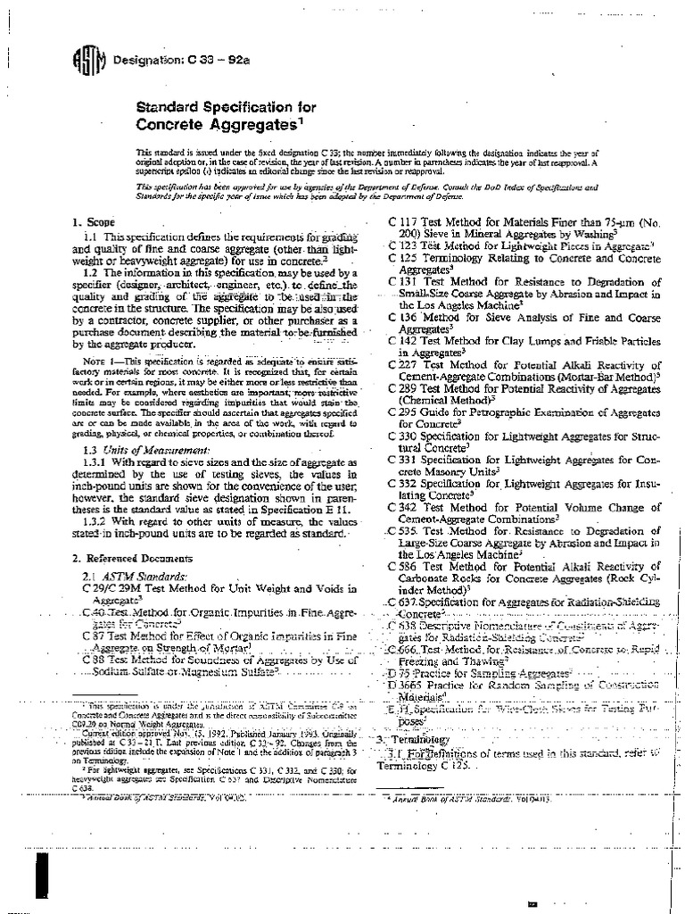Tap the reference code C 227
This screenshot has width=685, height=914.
click(407, 365)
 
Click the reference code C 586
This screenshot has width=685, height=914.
click(407, 567)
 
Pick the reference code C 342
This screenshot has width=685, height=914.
click(407, 506)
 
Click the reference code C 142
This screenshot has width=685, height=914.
click(407, 340)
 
